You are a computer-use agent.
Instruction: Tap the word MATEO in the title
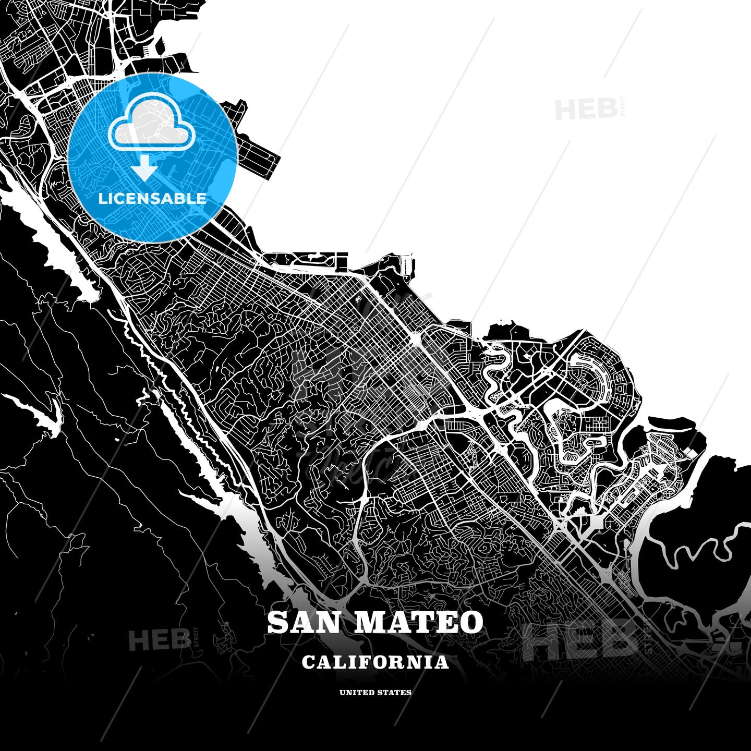coord(419,623)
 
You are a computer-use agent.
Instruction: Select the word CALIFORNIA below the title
coord(375,662)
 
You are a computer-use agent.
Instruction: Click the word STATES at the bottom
coord(394,693)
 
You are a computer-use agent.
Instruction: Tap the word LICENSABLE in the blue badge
coord(152,198)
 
